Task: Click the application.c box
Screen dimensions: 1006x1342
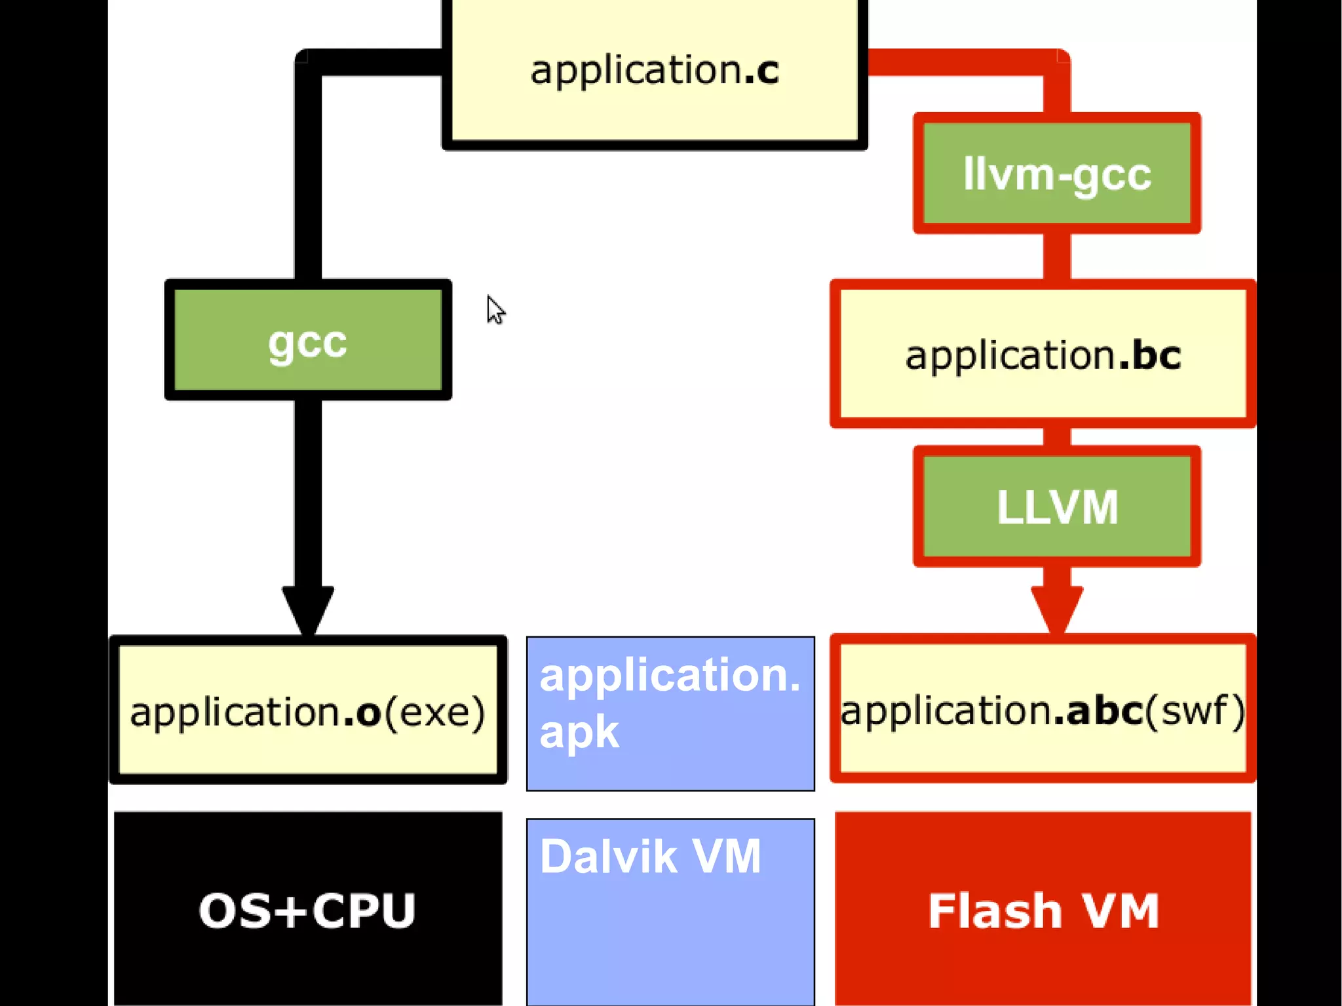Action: click(654, 72)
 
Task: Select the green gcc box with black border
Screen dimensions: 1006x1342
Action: click(308, 339)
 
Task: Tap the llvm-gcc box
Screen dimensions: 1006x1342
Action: click(1056, 173)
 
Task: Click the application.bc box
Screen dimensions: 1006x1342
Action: click(1043, 355)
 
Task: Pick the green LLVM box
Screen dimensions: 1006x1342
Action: click(1056, 507)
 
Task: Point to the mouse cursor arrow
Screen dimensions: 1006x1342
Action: click(495, 309)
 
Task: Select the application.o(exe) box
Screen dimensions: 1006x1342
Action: click(308, 710)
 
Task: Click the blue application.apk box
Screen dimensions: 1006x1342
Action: click(670, 713)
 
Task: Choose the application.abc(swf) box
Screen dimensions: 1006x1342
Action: click(1043, 709)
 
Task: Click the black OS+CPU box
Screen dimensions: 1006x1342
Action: click(308, 910)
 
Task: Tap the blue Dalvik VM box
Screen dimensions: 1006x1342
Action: click(670, 911)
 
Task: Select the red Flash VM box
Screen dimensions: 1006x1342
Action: click(1043, 910)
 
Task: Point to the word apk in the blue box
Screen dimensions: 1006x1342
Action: click(579, 733)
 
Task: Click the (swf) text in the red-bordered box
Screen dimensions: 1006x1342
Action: click(1195, 710)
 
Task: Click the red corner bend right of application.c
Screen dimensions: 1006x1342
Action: click(1056, 62)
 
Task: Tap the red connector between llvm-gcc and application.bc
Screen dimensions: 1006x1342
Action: click(1056, 256)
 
